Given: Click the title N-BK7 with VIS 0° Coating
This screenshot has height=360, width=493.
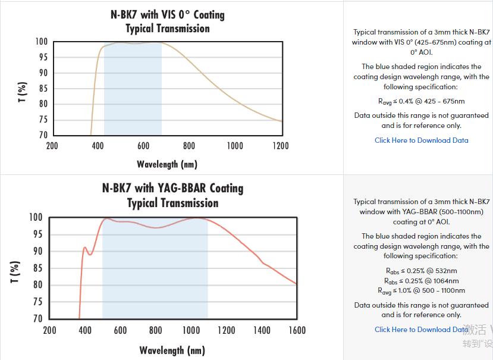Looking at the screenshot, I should click(x=168, y=14).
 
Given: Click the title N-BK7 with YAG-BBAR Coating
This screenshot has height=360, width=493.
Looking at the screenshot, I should click(x=173, y=188).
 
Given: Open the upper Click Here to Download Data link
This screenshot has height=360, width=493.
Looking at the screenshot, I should click(x=421, y=140).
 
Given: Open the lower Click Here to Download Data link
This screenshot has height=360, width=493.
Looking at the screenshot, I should click(x=421, y=330).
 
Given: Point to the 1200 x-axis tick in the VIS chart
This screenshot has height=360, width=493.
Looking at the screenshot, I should click(x=280, y=146).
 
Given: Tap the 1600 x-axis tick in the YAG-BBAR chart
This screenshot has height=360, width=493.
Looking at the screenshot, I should click(x=297, y=330).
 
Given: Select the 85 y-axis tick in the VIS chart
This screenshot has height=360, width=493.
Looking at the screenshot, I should click(x=42, y=89).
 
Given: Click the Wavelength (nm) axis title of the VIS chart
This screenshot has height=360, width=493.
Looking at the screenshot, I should click(x=167, y=164).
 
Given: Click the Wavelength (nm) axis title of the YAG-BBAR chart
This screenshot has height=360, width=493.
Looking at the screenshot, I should click(x=172, y=350).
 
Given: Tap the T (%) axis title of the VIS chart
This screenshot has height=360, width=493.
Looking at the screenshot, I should click(x=22, y=92).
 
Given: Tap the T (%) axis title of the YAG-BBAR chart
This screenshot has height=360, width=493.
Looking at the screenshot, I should click(x=16, y=271).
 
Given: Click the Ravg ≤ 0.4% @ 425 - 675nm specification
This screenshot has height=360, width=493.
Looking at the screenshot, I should click(x=422, y=101).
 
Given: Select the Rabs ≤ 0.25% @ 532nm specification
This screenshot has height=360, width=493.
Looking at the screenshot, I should click(x=421, y=271).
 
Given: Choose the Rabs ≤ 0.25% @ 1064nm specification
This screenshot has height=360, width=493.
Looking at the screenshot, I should click(x=421, y=281).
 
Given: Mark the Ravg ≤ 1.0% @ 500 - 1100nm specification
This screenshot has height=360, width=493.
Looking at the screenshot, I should click(x=421, y=291).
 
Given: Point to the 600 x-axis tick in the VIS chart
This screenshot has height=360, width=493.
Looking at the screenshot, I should click(x=143, y=146).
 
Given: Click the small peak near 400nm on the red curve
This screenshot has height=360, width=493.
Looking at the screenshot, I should click(x=85, y=248).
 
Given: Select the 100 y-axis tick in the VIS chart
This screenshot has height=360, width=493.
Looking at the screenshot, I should click(x=41, y=42).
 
